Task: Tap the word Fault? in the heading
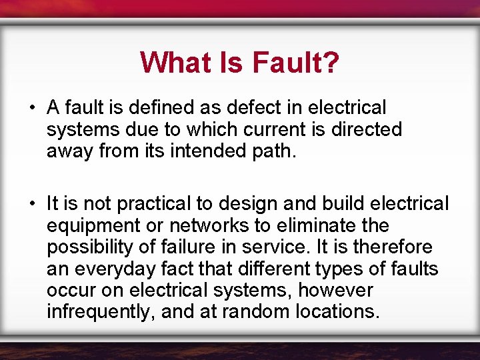point(295,63)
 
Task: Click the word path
point(271,151)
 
